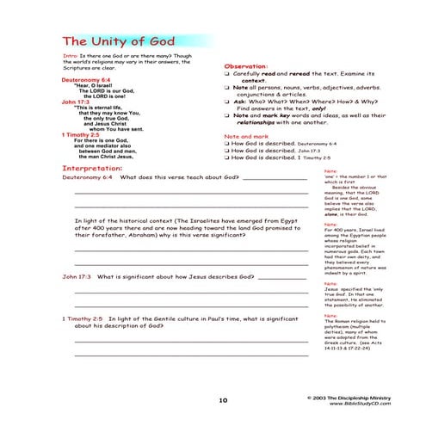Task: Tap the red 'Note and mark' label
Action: click(245, 135)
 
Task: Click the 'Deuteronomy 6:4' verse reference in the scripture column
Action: click(86, 78)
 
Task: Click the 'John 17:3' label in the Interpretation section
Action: click(77, 277)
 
